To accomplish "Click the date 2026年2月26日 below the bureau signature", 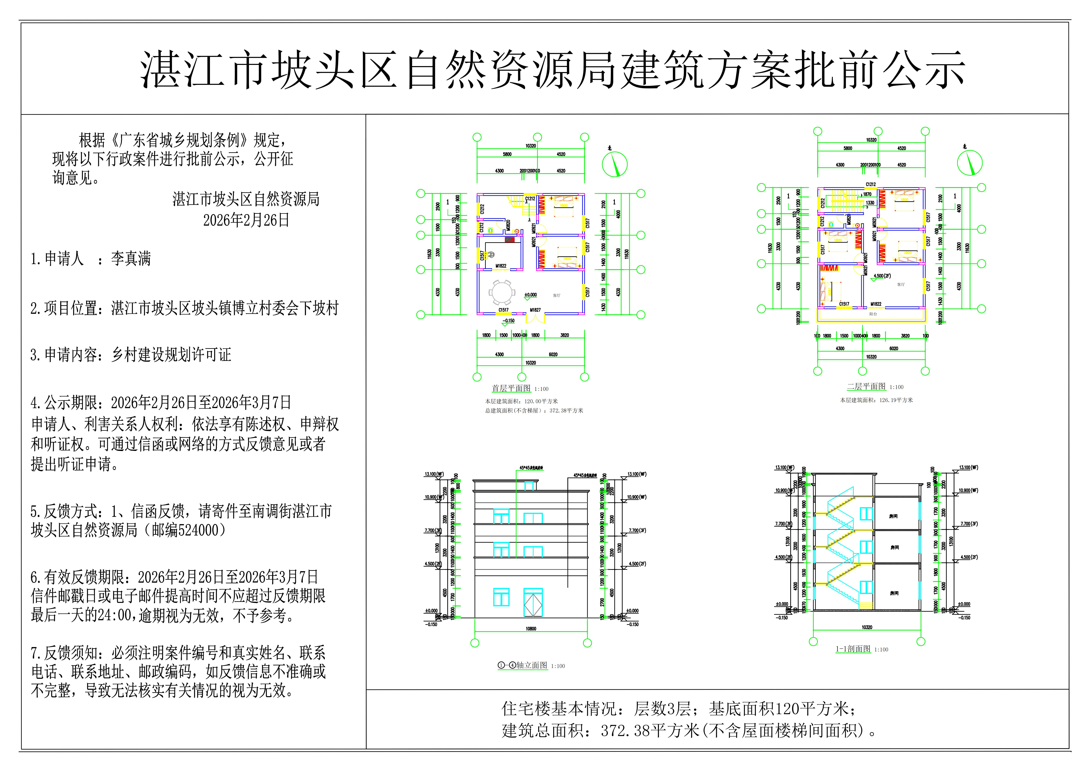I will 246,220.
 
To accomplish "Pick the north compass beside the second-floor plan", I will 969,162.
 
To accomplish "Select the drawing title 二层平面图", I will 866,387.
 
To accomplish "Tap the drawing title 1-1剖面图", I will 853,649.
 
